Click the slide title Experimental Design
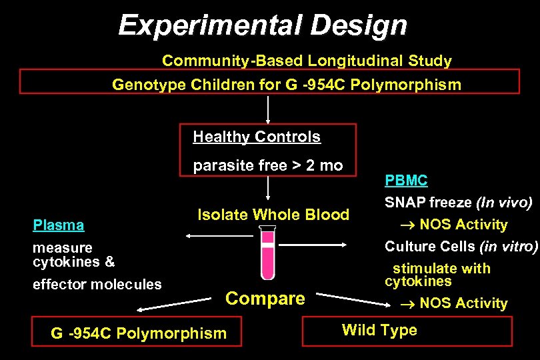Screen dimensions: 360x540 pos(262,26)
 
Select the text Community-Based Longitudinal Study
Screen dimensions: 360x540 pos(307,61)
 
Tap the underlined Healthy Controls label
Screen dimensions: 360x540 pos(257,137)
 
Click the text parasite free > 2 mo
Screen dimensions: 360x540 pos(267,166)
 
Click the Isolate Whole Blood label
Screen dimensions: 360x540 pos(273,215)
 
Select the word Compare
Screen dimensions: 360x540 pos(265,299)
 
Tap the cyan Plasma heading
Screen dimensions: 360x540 pos(59,225)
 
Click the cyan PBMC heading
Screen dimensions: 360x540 pos(406,181)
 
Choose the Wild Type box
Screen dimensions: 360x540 pos(407,331)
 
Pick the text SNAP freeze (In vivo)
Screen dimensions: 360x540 pos(458,202)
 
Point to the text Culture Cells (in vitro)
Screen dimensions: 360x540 pos(461,247)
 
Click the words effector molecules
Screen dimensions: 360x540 pos(97,285)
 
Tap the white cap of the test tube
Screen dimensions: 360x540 pos(267,229)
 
